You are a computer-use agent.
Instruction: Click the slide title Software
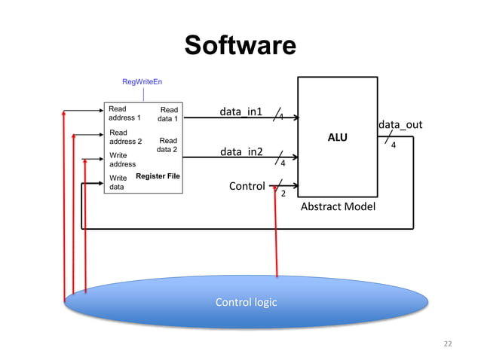240,46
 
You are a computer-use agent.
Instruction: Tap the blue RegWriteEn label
142,81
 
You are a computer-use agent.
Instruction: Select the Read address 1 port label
124,114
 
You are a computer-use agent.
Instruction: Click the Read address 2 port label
125,137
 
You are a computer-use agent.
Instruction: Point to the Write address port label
123,160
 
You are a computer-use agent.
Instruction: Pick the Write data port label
118,183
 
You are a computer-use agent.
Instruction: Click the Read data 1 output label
167,114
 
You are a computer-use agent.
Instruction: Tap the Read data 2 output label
167,145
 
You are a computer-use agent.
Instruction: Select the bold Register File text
157,176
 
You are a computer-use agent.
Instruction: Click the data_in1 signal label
240,112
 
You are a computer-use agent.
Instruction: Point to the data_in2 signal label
240,153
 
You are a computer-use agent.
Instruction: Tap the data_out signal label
400,124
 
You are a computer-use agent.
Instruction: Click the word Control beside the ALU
247,186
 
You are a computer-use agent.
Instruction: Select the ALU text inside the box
337,138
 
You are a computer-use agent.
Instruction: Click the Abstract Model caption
337,206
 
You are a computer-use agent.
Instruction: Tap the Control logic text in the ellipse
246,302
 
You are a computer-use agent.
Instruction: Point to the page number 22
448,344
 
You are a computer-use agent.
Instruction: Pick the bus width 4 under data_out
393,148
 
